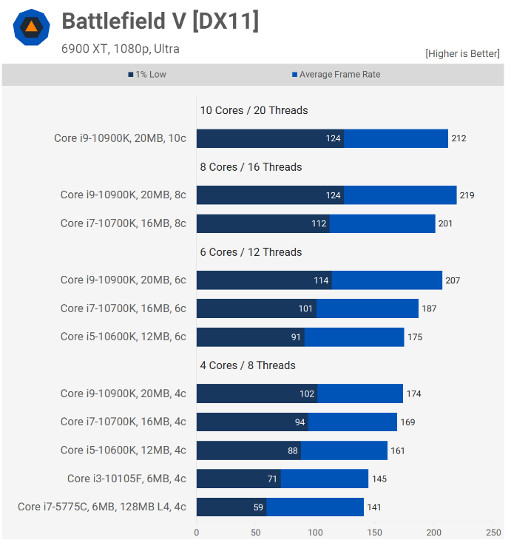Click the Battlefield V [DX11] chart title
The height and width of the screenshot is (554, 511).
pyautogui.click(x=160, y=21)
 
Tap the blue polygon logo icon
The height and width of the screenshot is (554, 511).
pyautogui.click(x=31, y=27)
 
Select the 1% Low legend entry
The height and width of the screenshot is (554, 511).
pyautogui.click(x=147, y=75)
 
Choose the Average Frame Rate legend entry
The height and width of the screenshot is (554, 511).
pyautogui.click(x=336, y=75)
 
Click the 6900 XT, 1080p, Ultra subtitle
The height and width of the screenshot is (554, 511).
pyautogui.click(x=121, y=50)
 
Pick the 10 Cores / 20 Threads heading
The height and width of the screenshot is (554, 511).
pyautogui.click(x=254, y=110)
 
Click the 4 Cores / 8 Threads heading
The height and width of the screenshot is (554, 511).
pyautogui.click(x=248, y=365)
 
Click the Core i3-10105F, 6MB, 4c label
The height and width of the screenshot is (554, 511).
pyautogui.click(x=126, y=479)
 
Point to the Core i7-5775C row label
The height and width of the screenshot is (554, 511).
pyautogui.click(x=102, y=507)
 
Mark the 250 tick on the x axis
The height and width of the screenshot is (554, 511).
pyautogui.click(x=494, y=532)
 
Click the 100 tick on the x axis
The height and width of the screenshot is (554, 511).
pyautogui.click(x=315, y=532)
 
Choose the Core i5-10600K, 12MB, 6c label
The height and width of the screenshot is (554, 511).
pyautogui.click(x=123, y=337)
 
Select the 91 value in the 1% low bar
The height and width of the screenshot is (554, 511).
pyautogui.click(x=297, y=337)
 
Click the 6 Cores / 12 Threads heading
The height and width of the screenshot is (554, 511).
pyautogui.click(x=251, y=252)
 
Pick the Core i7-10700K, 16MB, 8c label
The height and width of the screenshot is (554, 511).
pyautogui.click(x=123, y=223)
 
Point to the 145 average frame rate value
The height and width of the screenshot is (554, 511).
pyautogui.click(x=379, y=479)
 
